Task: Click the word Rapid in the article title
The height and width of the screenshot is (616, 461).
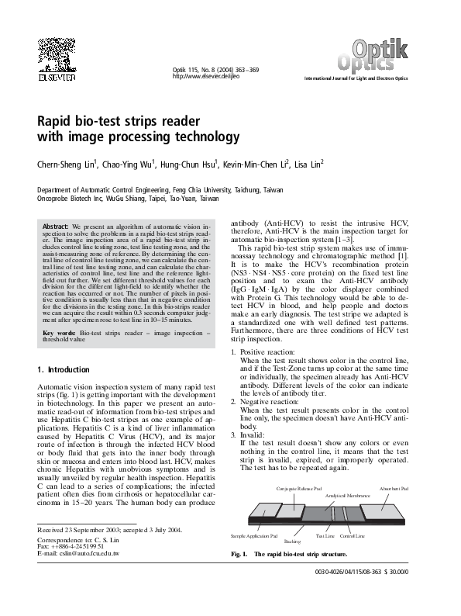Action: pyautogui.click(x=57, y=122)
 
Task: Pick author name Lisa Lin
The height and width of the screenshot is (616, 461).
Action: pyautogui.click(x=308, y=164)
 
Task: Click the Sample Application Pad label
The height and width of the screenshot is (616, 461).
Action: pyautogui.click(x=255, y=536)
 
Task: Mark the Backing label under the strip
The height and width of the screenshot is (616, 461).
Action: pyautogui.click(x=292, y=541)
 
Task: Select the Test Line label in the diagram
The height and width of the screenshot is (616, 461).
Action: pyautogui.click(x=325, y=536)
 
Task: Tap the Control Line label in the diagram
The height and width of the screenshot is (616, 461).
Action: pyautogui.click(x=353, y=536)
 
